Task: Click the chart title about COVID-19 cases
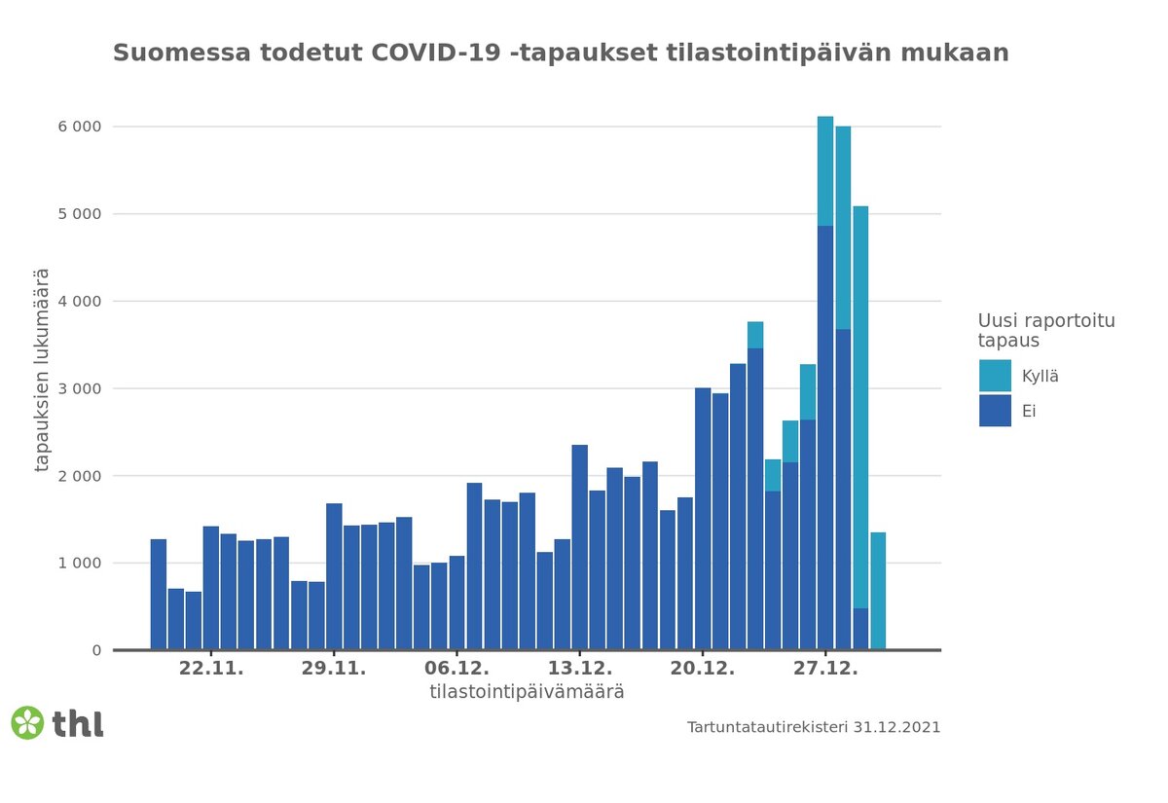pos(561,53)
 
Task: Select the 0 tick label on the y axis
pos(95,650)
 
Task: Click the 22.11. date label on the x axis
pos(211,670)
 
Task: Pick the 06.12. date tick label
pos(457,670)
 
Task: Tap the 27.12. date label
pos(825,670)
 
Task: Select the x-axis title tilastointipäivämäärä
pos(527,693)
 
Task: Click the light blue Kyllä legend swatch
pos(995,376)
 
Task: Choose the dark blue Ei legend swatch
pos(995,411)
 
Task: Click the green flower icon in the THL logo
pos(27,722)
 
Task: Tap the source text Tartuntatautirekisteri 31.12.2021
pos(814,727)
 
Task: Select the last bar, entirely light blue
pos(878,591)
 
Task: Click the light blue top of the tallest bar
pos(825,170)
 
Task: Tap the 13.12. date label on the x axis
pos(580,670)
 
